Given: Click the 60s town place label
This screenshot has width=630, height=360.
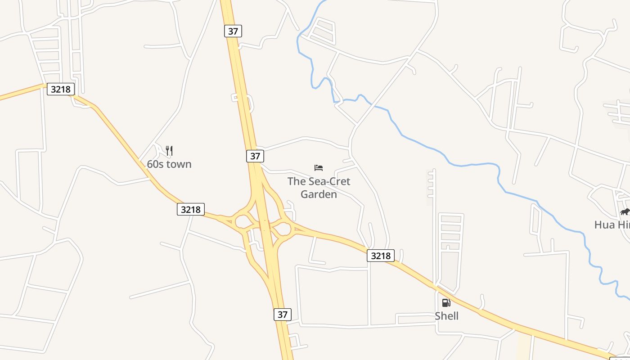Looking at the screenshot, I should (x=169, y=164).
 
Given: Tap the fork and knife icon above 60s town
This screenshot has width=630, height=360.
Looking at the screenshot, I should (x=169, y=150).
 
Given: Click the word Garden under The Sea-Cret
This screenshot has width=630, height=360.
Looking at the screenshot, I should (x=319, y=194).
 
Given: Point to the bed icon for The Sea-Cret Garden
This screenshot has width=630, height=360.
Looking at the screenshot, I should (x=319, y=168).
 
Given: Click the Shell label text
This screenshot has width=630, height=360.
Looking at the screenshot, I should (x=446, y=316).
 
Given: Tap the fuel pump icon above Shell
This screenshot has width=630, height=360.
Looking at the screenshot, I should (x=446, y=303).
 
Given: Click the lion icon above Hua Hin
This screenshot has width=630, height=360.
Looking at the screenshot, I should (x=625, y=211).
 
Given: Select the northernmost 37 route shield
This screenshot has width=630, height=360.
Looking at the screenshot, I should (x=233, y=31).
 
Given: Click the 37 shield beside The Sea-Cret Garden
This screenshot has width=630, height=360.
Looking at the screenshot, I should (x=255, y=156).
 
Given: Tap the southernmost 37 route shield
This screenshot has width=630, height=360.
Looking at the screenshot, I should (x=282, y=314).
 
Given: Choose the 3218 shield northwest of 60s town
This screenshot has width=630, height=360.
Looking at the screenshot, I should (x=60, y=89).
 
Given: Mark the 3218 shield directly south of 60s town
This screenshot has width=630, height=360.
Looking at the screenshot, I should (x=191, y=209).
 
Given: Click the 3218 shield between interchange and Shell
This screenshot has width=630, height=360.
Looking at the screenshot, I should (x=381, y=256).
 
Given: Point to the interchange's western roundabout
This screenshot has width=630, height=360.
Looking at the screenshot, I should (x=244, y=222).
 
